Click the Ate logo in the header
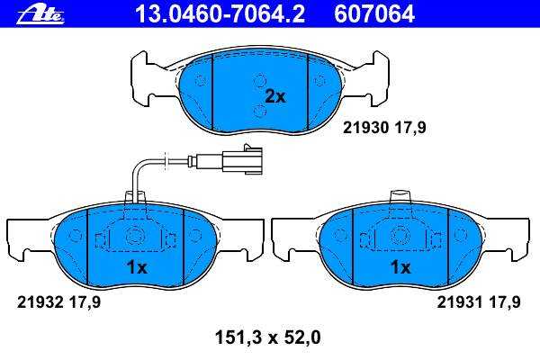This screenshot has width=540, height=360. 41,15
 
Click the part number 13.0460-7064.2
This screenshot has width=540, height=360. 220,14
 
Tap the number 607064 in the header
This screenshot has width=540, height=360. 374,14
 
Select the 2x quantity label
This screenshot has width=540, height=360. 274,97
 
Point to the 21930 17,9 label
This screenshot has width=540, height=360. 384,128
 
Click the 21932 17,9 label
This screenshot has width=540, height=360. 58,302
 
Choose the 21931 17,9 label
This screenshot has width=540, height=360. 479,302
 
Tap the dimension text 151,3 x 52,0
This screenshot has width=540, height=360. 267,337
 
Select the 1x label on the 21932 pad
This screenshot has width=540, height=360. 137,267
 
